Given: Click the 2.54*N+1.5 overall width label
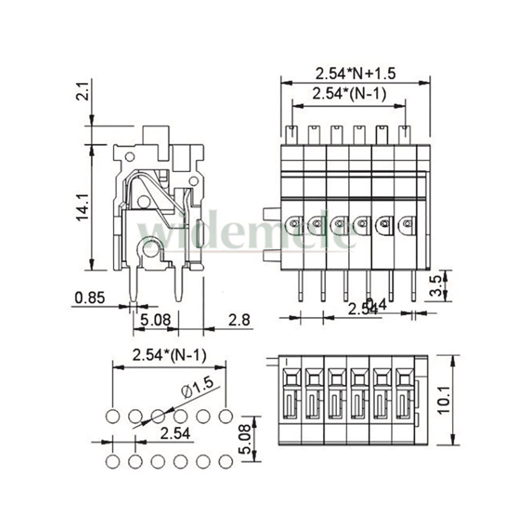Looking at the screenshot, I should [x=356, y=73].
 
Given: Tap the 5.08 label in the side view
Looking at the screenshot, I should [x=156, y=320].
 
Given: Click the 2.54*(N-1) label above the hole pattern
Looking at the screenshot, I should [x=169, y=355].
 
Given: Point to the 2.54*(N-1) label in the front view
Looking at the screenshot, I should [x=349, y=94].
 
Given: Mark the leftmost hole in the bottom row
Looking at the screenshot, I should [x=112, y=461].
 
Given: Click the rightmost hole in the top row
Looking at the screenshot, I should [x=226, y=416].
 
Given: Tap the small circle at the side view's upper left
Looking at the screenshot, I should [x=129, y=156].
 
